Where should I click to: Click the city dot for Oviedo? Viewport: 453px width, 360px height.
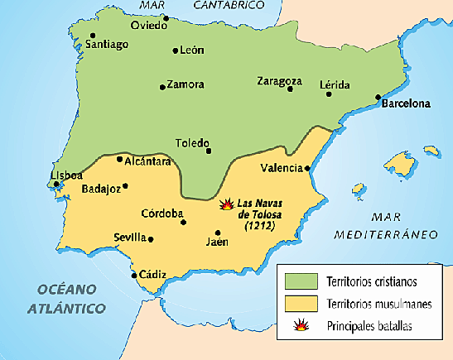pos(166,18)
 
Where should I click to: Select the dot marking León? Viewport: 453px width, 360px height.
pos(176,51)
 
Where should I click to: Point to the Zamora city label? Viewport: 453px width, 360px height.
pos(186,84)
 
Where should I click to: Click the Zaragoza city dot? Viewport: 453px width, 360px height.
pos(290,89)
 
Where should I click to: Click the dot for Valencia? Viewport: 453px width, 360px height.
pos(308,168)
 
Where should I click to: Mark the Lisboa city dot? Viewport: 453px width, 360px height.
pos(56,184)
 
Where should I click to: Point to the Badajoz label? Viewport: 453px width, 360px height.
pos(102,189)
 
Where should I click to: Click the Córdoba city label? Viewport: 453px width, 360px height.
pos(161,213)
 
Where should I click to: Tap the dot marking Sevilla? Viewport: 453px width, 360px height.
pos(151,238)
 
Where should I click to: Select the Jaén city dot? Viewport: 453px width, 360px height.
pos(217,233)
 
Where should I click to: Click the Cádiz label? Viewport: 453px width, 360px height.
pos(153,275)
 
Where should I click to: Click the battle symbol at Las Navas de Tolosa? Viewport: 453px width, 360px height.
pos(227,203)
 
